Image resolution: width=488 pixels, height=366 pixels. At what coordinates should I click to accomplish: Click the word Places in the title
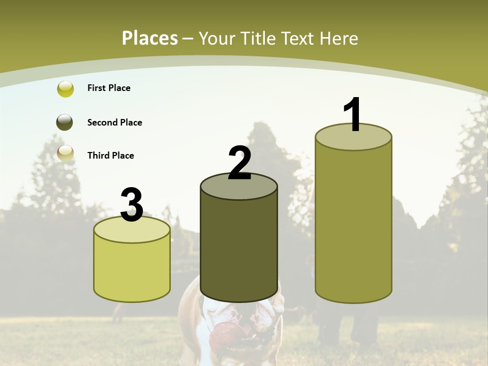point(150,38)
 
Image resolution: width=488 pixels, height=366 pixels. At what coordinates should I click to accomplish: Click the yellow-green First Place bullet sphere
point(66,89)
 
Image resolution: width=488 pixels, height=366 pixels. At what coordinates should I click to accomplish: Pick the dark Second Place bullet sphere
point(66,123)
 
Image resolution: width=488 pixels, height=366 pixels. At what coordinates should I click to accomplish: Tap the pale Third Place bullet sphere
point(66,153)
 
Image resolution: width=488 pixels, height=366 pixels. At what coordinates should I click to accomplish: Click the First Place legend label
point(109,88)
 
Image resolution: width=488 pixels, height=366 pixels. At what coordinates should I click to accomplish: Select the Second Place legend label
point(114,123)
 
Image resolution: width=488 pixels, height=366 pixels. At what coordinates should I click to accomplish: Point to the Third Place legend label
point(110,156)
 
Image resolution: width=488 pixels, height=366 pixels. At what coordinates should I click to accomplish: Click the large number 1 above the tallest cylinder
point(352,115)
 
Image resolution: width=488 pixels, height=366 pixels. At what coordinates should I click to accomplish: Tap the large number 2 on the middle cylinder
point(239,163)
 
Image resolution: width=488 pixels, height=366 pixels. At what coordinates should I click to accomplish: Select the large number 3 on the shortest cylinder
point(132,205)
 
